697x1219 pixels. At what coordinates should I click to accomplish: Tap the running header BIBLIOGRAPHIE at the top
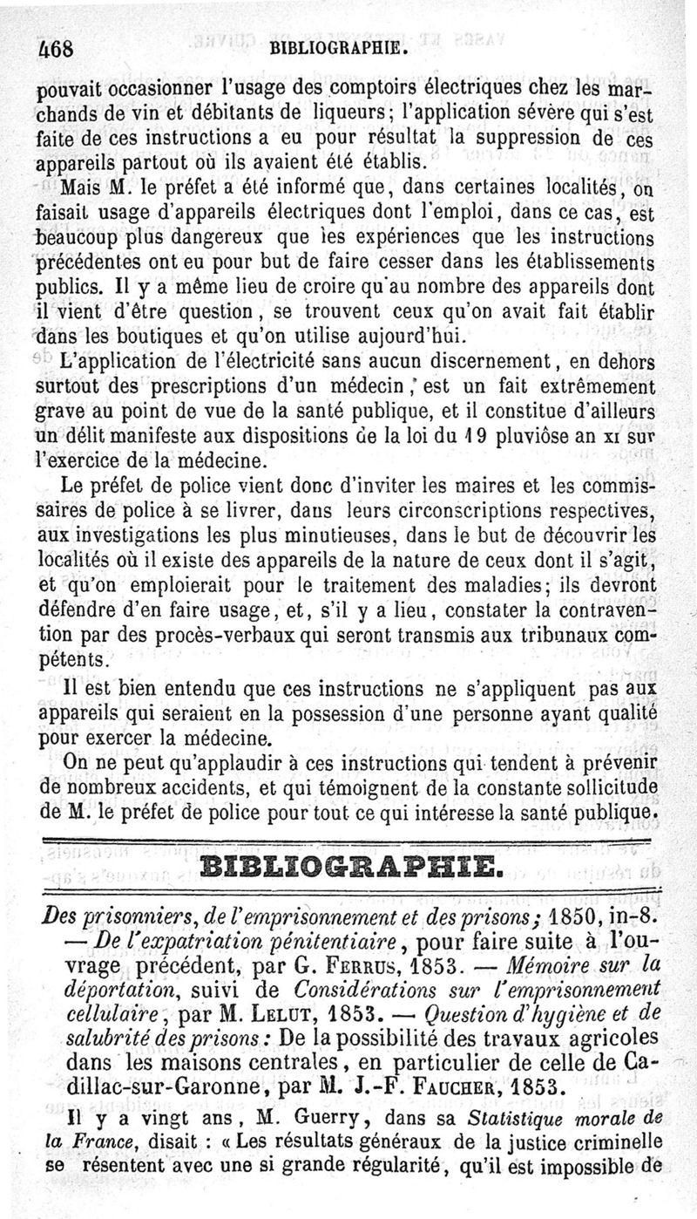[340, 48]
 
